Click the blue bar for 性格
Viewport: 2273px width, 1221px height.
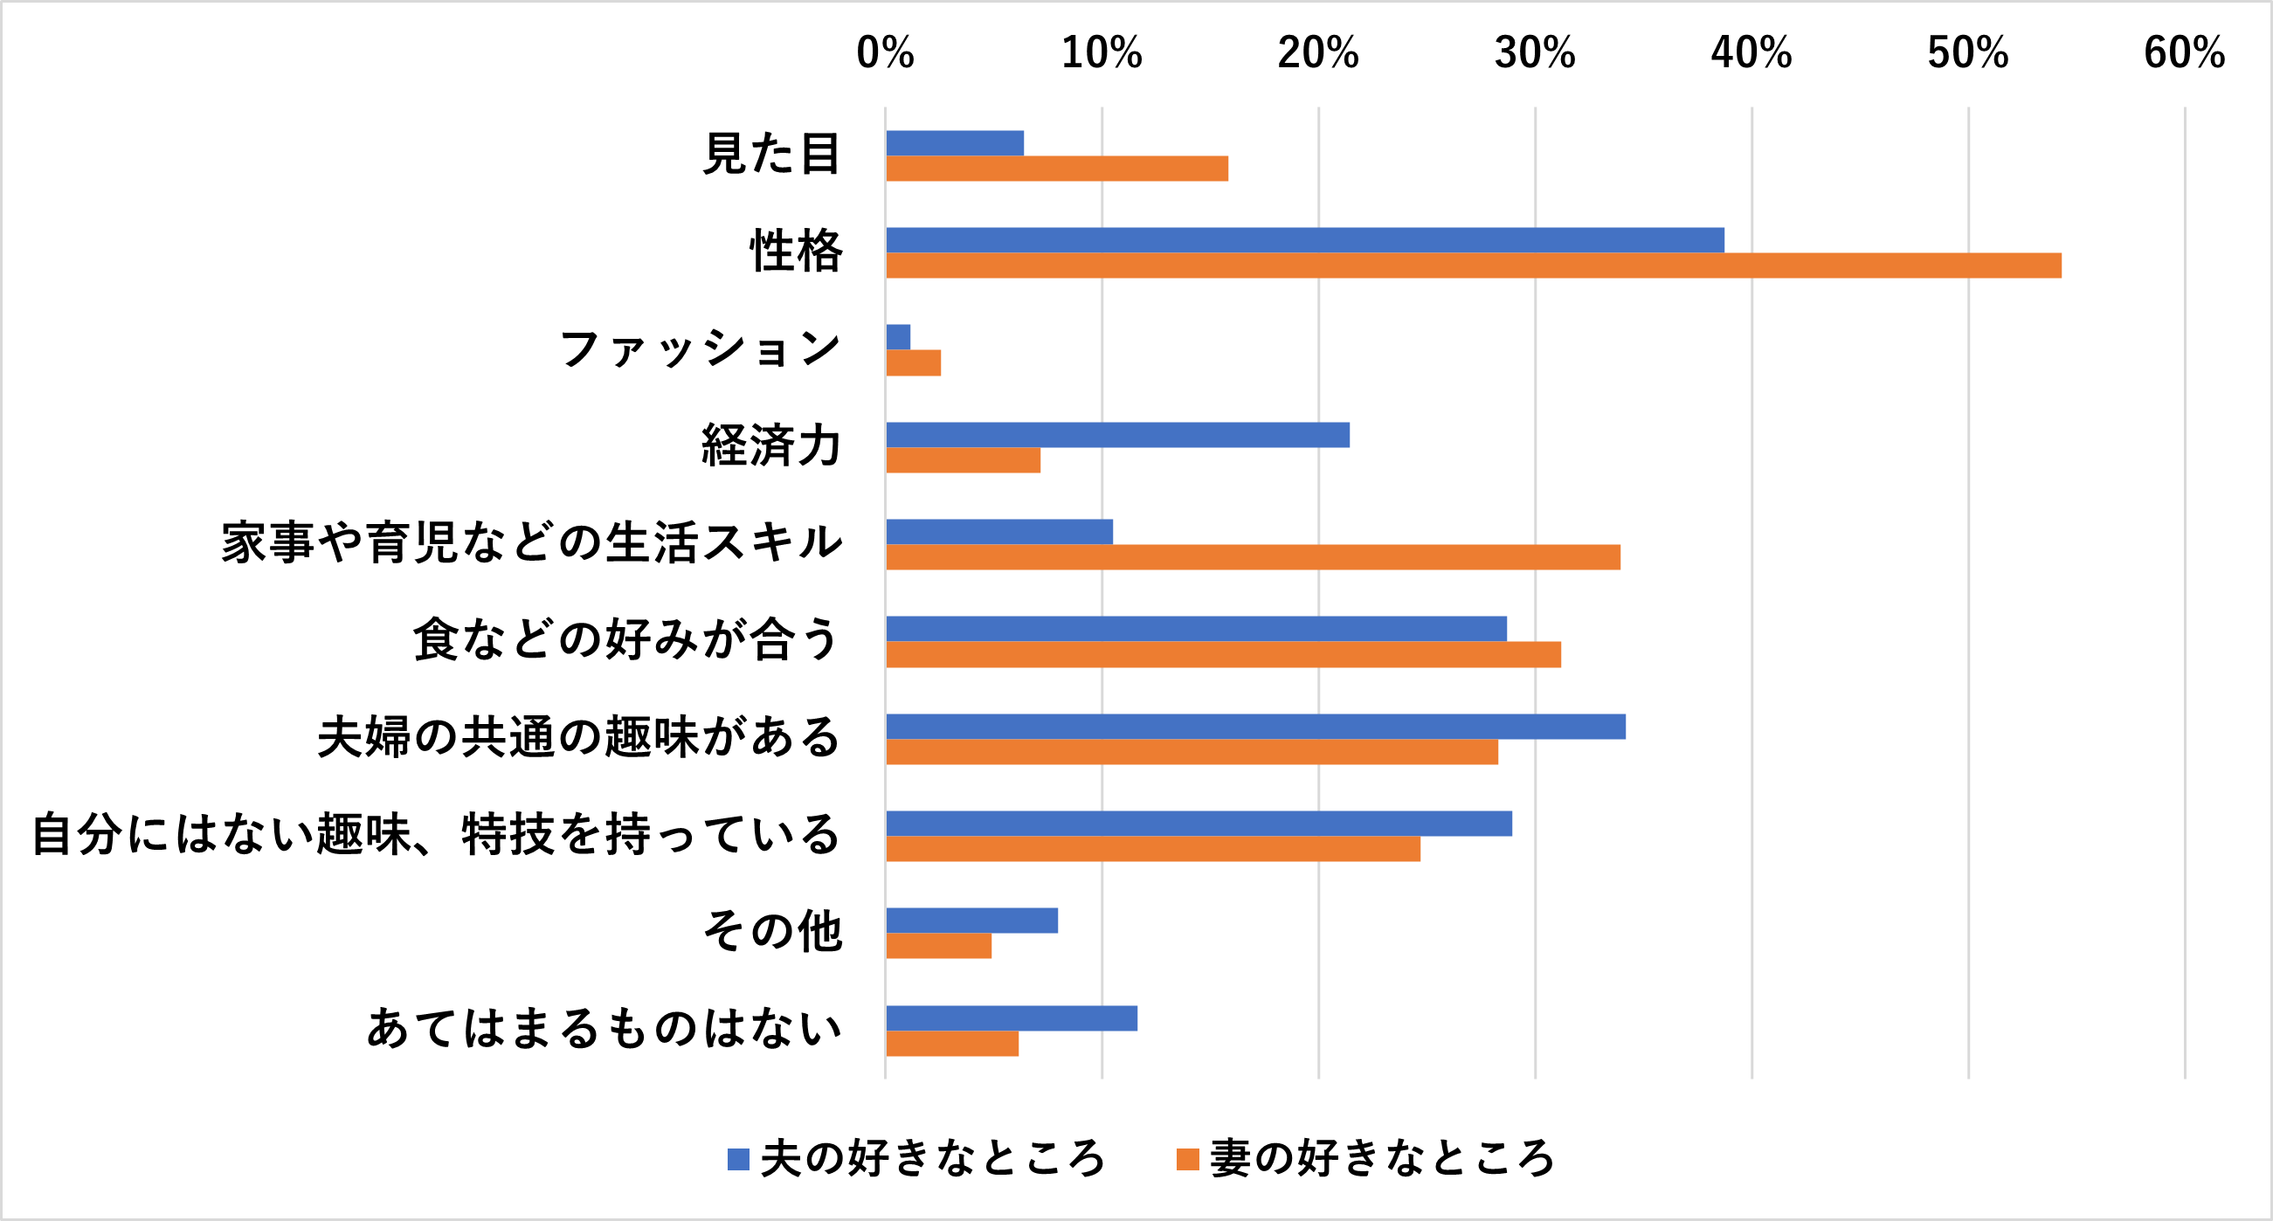click(1304, 240)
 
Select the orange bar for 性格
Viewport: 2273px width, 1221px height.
click(1474, 266)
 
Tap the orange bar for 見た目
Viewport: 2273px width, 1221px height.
click(1056, 169)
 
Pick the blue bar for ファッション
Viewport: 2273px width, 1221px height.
click(898, 337)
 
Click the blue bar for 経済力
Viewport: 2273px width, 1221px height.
click(1117, 435)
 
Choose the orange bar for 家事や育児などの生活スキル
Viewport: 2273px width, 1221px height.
click(1253, 557)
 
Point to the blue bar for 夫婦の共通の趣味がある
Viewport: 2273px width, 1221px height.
click(1254, 727)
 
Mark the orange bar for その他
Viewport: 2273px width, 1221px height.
click(939, 946)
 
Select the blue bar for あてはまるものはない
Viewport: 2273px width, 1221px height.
click(1012, 1018)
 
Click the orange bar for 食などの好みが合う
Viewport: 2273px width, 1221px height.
click(1223, 655)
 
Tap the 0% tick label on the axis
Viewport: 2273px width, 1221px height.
click(885, 53)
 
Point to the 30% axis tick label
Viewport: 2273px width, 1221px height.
click(1535, 53)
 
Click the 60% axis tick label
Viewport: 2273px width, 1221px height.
click(2184, 53)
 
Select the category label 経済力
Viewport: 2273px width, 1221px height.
click(771, 445)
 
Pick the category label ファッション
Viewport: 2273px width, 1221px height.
click(700, 348)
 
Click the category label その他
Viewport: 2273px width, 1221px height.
click(773, 931)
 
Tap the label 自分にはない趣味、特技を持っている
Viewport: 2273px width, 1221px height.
click(436, 834)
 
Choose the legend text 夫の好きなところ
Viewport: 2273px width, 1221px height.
click(933, 1158)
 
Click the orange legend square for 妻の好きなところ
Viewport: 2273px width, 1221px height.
click(1188, 1159)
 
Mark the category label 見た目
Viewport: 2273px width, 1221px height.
click(771, 154)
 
